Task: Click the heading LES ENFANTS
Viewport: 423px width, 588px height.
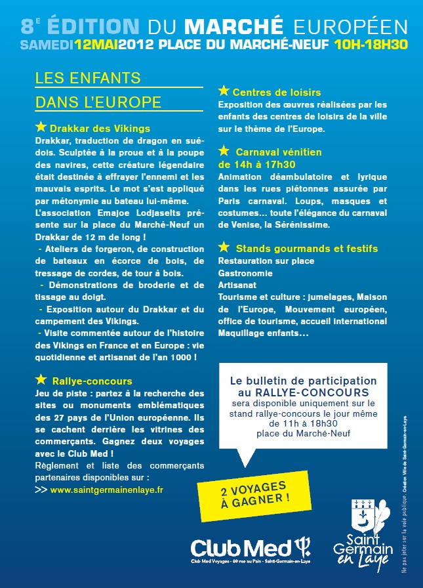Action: [x=88, y=78]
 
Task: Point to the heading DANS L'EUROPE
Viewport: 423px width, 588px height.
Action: [x=98, y=102]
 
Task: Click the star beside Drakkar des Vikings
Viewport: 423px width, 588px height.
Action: [x=41, y=127]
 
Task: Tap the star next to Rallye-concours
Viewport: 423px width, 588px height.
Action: [x=41, y=379]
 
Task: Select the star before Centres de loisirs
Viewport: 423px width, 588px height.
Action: [x=224, y=91]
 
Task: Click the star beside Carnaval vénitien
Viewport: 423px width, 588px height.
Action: [x=224, y=150]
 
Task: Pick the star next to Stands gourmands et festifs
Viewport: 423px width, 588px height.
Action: [x=224, y=247]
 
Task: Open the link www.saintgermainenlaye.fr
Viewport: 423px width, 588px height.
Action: [x=107, y=490]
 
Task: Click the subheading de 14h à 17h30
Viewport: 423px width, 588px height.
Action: [x=256, y=164]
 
